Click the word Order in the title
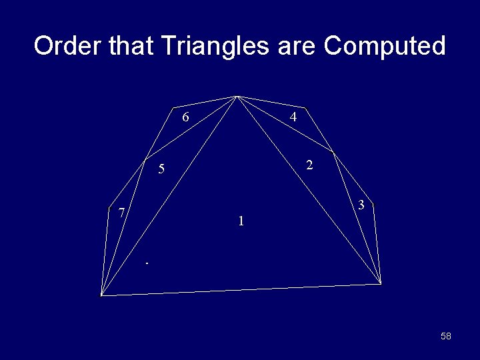coord(65,47)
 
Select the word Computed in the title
coord(385,47)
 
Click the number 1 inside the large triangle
coord(241,221)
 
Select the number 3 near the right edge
coord(361,205)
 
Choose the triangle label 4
coord(293,117)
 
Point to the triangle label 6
coord(186,118)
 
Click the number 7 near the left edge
coord(121,213)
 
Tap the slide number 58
coord(446,336)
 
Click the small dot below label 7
coord(147,265)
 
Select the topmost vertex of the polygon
coord(237,96)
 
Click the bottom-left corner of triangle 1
coord(101,294)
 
